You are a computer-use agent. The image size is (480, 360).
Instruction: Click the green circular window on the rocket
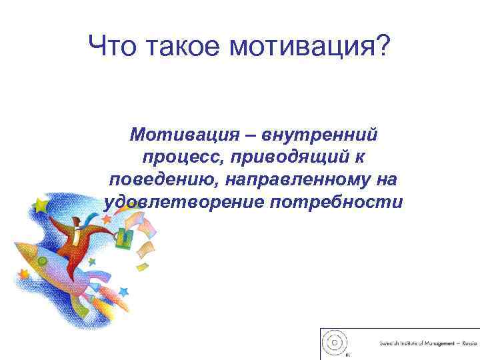tap(42, 261)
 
